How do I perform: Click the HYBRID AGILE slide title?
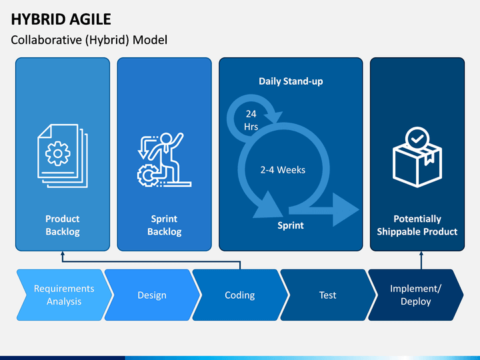[61, 19]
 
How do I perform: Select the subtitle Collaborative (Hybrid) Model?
[89, 40]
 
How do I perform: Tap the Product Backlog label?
[63, 225]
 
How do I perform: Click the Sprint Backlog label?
[165, 225]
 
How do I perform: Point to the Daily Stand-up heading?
[291, 81]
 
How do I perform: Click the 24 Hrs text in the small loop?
[251, 120]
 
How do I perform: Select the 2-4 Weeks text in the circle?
[283, 170]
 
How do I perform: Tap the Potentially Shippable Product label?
[417, 225]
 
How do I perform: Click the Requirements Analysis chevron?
[64, 295]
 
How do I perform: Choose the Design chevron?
[152, 295]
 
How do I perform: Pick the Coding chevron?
[240, 295]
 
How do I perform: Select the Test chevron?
[328, 295]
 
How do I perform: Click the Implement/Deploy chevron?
[416, 295]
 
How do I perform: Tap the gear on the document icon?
[58, 153]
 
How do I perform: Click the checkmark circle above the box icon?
[417, 139]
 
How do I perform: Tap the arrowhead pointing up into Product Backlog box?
[63, 254]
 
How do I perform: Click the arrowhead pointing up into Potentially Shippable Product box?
[421, 254]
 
